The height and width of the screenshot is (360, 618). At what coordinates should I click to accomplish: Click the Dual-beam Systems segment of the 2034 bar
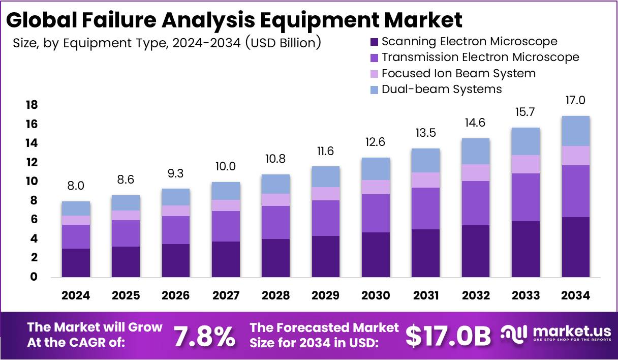coord(576,131)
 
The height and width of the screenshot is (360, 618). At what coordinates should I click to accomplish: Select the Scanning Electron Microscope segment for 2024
coord(76,262)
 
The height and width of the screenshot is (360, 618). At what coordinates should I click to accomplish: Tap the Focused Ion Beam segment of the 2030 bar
coord(376,187)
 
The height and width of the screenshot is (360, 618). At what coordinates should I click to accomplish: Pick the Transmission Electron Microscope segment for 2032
coord(476,203)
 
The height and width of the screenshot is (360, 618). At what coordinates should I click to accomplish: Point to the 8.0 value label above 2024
coord(76,186)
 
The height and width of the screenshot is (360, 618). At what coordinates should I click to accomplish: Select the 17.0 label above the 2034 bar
coord(576,101)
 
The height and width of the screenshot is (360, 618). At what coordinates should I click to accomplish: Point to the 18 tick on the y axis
coord(31,105)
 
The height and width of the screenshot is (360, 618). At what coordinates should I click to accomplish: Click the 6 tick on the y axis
coord(34,220)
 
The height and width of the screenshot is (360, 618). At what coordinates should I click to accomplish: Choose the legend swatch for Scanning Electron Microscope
coord(375,42)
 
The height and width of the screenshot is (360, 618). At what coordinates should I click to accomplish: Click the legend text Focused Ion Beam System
coord(458,73)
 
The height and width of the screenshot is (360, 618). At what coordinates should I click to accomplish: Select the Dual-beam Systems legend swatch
coord(375,90)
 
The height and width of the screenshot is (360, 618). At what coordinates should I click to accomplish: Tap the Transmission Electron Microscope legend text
coord(480,57)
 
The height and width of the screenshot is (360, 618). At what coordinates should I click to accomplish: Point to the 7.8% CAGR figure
coord(204,336)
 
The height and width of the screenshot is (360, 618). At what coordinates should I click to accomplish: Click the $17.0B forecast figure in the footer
coord(448,336)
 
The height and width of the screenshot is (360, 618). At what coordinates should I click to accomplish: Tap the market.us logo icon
coord(514,334)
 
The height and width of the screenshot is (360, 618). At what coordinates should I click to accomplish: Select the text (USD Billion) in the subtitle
coord(283,43)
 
